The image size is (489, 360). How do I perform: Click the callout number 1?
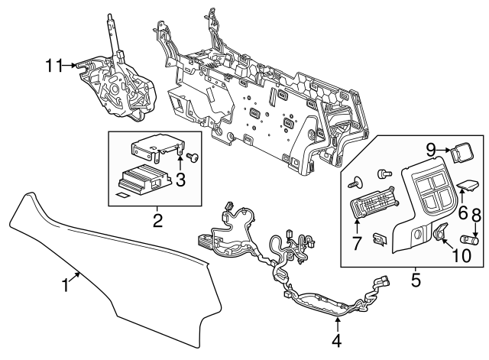point(65,285)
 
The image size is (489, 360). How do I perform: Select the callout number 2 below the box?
point(158,222)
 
